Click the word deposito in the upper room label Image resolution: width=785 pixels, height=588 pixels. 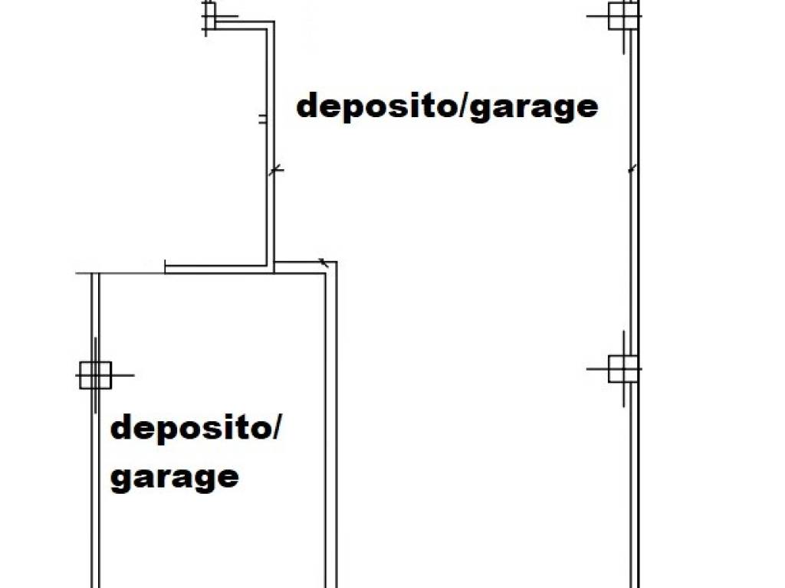(374, 106)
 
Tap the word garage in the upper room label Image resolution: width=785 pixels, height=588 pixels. (534, 109)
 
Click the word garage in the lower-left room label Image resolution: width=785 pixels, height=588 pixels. (174, 479)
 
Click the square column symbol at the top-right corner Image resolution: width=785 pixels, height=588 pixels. (623, 16)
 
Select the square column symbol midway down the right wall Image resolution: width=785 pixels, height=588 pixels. (623, 369)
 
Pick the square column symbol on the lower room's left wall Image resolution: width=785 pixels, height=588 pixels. (95, 375)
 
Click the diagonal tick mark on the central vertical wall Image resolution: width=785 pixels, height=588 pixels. (276, 170)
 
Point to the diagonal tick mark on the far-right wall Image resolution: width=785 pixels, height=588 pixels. (632, 169)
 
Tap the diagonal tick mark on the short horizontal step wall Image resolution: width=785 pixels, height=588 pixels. (324, 262)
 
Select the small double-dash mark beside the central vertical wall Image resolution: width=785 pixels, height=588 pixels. (262, 119)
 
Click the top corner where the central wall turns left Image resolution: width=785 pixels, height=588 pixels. (274, 22)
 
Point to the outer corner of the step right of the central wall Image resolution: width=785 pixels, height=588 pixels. (337, 262)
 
